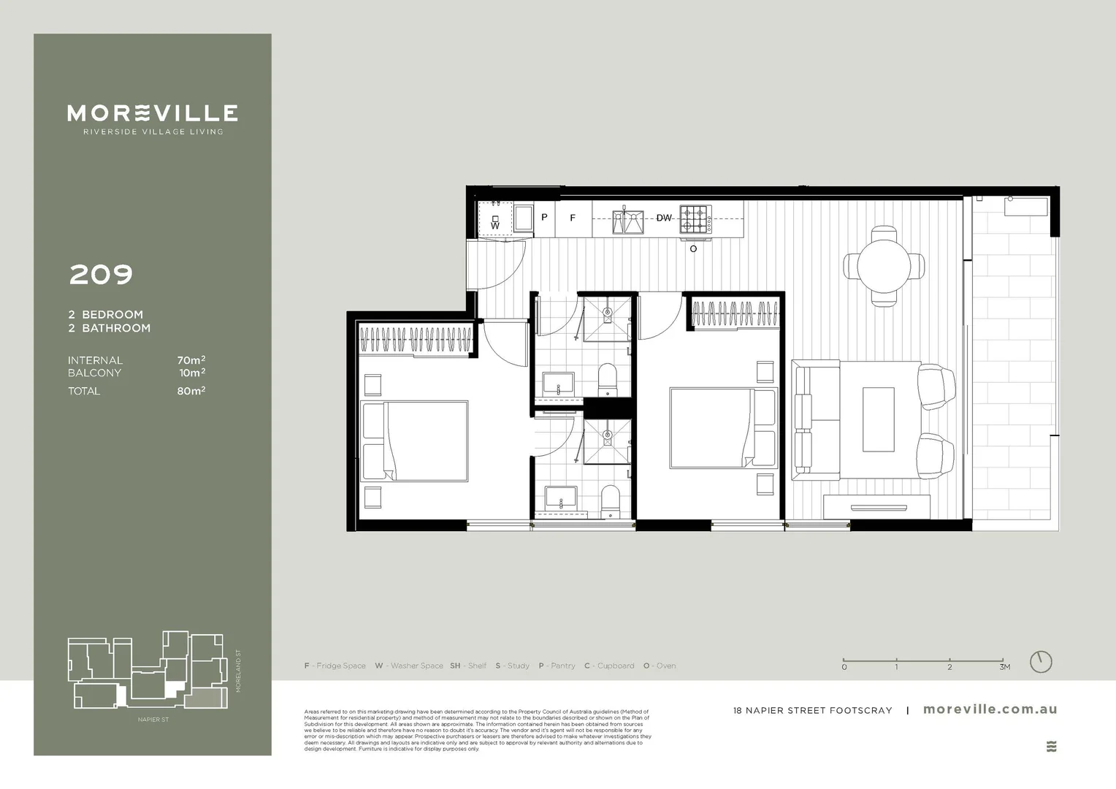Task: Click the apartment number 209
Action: click(x=101, y=275)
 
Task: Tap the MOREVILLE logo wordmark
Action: click(x=152, y=113)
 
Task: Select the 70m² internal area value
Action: click(x=191, y=360)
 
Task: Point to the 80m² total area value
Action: click(x=191, y=391)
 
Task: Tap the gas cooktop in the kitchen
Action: click(x=695, y=218)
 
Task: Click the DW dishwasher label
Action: click(x=663, y=218)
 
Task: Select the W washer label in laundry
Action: click(x=495, y=226)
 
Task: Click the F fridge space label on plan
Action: click(x=573, y=218)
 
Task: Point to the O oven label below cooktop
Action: click(x=693, y=249)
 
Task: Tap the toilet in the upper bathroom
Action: click(x=608, y=379)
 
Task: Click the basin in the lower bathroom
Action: click(x=561, y=500)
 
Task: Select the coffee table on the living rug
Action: click(x=878, y=419)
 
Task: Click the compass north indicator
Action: click(x=1041, y=662)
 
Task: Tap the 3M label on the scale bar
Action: click(x=1005, y=667)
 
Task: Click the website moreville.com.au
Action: click(x=990, y=709)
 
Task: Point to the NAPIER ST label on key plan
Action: click(x=153, y=720)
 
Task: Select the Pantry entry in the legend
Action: click(x=557, y=666)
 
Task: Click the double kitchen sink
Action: click(x=628, y=221)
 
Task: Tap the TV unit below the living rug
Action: click(x=876, y=507)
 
